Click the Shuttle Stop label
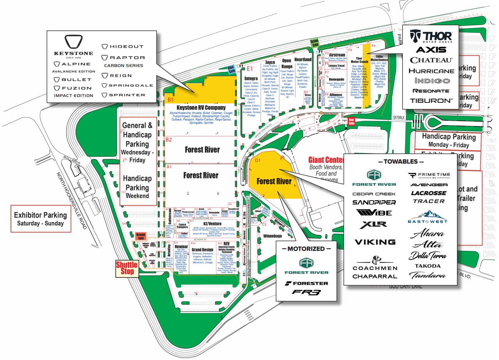[x=127, y=268]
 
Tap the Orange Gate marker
[x=141, y=236]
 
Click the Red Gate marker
[x=352, y=121]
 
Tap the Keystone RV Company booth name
[x=201, y=108]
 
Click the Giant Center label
[x=326, y=160]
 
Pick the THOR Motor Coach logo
[x=431, y=36]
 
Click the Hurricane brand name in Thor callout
[x=431, y=71]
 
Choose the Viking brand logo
[x=375, y=242]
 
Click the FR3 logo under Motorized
[x=306, y=292]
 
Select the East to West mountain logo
[x=428, y=217]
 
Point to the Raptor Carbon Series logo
[x=123, y=61]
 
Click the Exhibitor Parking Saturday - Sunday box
[x=40, y=219]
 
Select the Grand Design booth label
[x=202, y=250]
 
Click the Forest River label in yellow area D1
[x=274, y=181]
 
